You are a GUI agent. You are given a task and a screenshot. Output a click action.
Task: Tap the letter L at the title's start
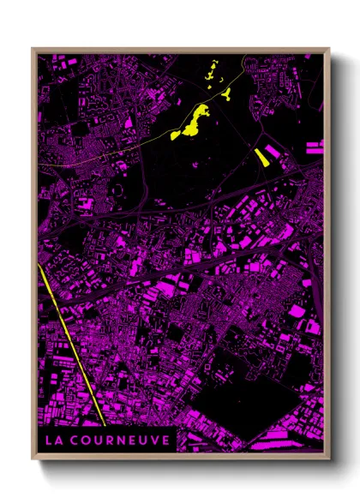pyautogui.click(x=48, y=440)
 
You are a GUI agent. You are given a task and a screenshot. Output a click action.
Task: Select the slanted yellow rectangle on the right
pyautogui.click(x=261, y=155)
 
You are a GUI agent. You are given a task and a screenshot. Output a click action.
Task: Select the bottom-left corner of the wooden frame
pyautogui.click(x=33, y=457)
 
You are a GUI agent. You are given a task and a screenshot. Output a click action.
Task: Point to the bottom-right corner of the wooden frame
pyautogui.click(x=328, y=457)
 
